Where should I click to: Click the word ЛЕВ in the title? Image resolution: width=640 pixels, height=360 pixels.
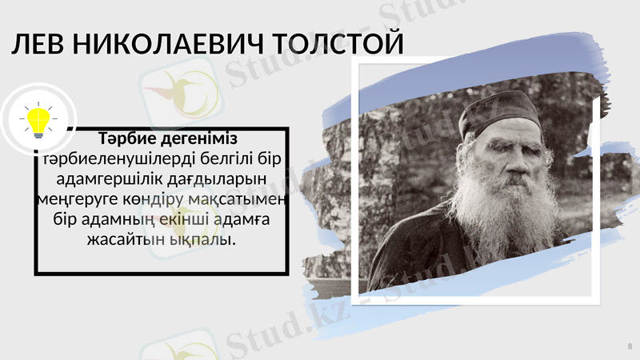(37, 45)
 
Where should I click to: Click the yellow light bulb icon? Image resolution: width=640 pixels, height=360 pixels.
(38, 121)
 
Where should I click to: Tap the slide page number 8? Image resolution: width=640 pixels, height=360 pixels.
(630, 346)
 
